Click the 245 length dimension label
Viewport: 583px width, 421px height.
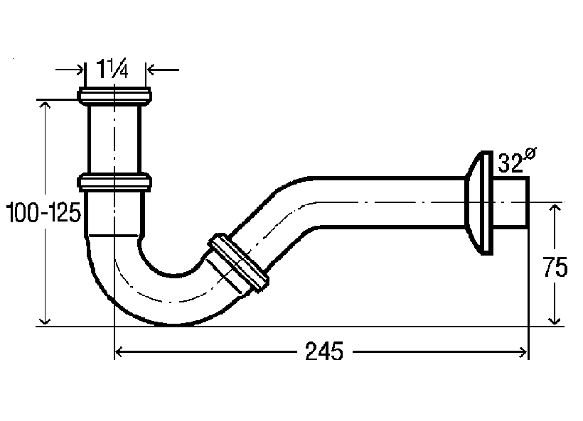click(x=323, y=351)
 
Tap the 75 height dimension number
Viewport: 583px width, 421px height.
click(x=555, y=266)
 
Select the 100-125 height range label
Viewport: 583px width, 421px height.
click(x=43, y=212)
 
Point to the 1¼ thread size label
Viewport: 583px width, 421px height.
click(x=112, y=68)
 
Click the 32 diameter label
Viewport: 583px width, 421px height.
click(x=510, y=163)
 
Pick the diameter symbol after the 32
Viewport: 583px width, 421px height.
click(x=530, y=153)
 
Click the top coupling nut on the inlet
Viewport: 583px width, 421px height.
click(x=114, y=96)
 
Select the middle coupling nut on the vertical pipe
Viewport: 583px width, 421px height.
click(x=114, y=182)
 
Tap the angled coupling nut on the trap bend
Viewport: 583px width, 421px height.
click(x=238, y=263)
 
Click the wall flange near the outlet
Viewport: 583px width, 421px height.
click(x=480, y=203)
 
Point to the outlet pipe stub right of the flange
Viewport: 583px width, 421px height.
click(x=510, y=202)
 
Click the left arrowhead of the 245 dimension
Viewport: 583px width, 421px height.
click(x=119, y=351)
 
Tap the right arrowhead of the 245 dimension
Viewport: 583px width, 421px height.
click(x=523, y=351)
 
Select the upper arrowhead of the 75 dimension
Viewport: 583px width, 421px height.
click(x=555, y=208)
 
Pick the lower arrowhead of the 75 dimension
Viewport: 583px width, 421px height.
click(x=555, y=320)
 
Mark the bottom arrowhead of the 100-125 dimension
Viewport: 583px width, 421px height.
click(x=45, y=319)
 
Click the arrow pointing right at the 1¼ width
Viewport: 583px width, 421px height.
click(x=70, y=70)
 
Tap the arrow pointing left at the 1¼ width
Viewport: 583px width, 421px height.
click(x=164, y=70)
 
